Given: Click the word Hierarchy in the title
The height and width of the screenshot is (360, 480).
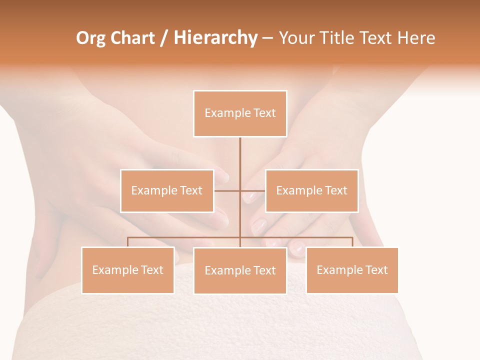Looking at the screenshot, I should [x=215, y=38].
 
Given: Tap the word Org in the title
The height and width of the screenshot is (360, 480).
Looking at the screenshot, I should [x=90, y=38].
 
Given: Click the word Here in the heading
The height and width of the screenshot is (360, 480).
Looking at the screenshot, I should [x=416, y=38].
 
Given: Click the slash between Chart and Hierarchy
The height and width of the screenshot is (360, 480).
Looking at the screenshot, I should [x=164, y=38].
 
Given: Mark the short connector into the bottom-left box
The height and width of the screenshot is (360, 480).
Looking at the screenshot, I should [x=127, y=242].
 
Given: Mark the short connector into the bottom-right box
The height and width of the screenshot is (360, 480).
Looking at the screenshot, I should [x=352, y=242].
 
